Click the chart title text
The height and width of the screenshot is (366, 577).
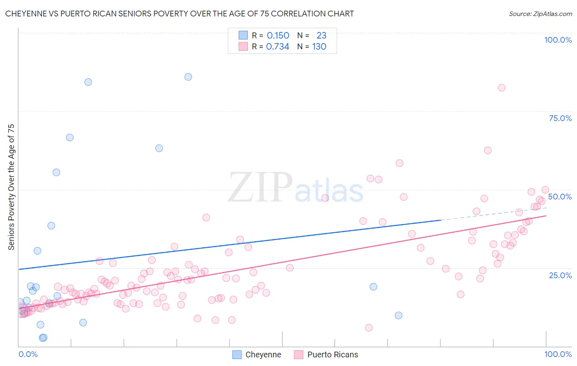coord(179,14)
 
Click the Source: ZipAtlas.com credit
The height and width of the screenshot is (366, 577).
coord(540,14)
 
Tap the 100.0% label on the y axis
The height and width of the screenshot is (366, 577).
coord(558,40)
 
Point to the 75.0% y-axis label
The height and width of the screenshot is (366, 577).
coord(560,118)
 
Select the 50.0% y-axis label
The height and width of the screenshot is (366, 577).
coord(560,197)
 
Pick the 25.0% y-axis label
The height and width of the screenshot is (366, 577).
coord(560,275)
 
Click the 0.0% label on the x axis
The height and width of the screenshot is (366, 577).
coord(28,354)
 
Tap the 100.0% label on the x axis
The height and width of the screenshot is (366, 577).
coord(558,354)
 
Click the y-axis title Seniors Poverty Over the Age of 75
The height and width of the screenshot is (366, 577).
coord(11,187)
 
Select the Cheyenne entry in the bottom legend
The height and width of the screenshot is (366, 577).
coord(263,355)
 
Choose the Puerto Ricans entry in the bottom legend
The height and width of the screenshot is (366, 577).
coord(332,355)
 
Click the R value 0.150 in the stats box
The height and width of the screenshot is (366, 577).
coord(278,36)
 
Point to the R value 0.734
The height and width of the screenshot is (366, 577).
coord(277,47)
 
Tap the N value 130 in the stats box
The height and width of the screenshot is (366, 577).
coord(319,47)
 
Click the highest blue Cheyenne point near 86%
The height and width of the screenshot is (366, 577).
coord(188,77)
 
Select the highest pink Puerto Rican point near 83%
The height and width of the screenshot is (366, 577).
coord(501,87)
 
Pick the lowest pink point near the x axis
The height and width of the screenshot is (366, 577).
coord(369,327)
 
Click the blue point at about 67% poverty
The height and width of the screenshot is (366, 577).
coord(70,137)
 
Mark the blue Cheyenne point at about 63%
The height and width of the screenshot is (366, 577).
coord(159,148)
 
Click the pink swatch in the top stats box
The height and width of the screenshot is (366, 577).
coord(243,47)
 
